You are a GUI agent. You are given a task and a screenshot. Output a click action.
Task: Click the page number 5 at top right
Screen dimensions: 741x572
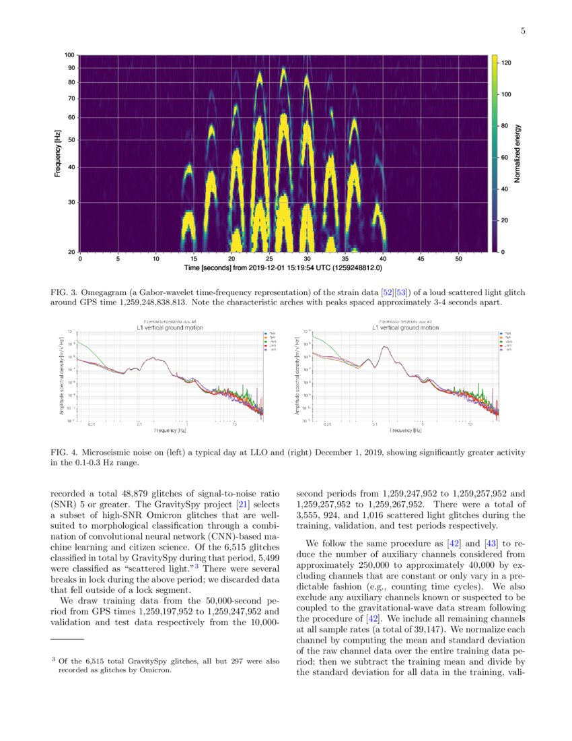tap(522, 30)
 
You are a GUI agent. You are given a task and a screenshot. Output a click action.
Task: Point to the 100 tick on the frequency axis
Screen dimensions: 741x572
tap(70, 55)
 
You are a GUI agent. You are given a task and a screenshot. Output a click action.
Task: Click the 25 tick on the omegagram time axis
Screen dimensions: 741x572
tap(270, 258)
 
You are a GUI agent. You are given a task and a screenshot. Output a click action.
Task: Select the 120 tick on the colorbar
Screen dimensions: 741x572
tap(507, 63)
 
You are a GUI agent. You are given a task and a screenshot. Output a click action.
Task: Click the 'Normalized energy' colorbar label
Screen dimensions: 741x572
tap(518, 153)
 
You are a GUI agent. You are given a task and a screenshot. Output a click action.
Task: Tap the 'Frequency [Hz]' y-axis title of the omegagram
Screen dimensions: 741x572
tap(57, 153)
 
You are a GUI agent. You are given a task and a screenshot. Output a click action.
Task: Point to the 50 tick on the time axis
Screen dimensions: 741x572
tap(459, 258)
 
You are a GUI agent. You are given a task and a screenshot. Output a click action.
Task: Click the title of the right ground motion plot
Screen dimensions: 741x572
tap(402, 327)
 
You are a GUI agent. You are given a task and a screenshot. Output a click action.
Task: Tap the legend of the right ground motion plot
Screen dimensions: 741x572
tap(489, 342)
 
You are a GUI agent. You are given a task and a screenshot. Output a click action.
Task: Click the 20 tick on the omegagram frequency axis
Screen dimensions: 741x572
tap(71, 252)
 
